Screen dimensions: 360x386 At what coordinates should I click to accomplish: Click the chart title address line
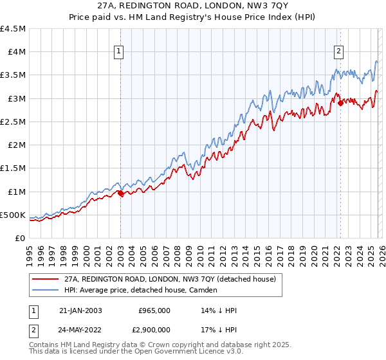click(x=193, y=4)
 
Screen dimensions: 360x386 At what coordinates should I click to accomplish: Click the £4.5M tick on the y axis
click(x=14, y=28)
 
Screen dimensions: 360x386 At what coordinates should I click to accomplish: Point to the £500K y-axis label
click(x=14, y=215)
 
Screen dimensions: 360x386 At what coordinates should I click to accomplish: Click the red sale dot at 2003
click(x=120, y=193)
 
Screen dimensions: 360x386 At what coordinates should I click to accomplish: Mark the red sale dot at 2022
click(x=340, y=102)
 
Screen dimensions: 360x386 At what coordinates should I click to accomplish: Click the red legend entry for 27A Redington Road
click(x=170, y=279)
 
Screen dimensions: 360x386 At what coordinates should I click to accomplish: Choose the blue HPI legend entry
click(x=141, y=291)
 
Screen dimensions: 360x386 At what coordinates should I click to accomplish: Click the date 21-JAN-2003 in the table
click(x=80, y=310)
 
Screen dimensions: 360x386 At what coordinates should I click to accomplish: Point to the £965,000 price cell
click(x=154, y=310)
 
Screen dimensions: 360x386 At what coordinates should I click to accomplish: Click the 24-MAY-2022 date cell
click(x=80, y=328)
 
